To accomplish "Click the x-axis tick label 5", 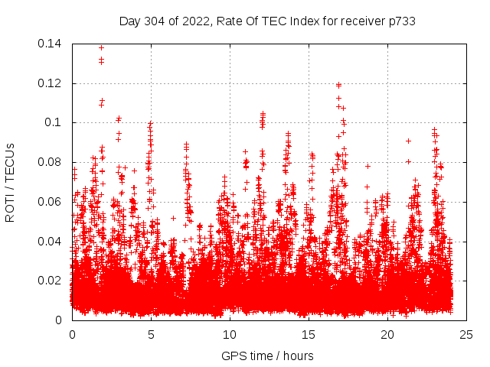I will click(x=151, y=334).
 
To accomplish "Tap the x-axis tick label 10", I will click(x=230, y=334).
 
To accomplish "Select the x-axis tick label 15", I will click(x=309, y=334).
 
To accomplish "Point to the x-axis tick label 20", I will click(x=387, y=334).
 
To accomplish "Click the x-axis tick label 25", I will click(x=466, y=334).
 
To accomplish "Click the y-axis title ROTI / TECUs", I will click(x=10, y=182).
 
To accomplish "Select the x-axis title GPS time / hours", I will click(x=267, y=356).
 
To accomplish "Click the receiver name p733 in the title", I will click(x=401, y=21).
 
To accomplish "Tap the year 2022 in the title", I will click(x=195, y=21).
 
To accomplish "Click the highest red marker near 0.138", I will click(x=101, y=47).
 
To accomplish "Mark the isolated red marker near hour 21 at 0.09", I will click(x=408, y=141).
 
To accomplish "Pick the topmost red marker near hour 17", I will click(x=338, y=85).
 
